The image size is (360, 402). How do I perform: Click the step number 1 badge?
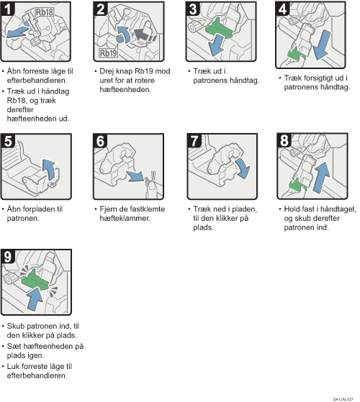tap(7, 9)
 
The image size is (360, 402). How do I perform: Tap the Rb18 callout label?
tap(45, 12)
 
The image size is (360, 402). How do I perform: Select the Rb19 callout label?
tap(108, 53)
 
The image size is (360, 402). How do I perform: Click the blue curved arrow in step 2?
tap(123, 35)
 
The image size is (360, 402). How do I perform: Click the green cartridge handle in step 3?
tap(219, 29)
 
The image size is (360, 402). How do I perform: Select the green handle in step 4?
tap(296, 54)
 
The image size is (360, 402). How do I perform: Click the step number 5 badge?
tap(8, 141)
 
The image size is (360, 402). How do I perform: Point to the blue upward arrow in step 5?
tap(50, 169)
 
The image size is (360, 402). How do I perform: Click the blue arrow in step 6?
tap(135, 176)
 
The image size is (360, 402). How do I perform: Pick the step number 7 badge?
tap(194, 140)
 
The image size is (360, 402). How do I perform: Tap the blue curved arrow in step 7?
tap(243, 168)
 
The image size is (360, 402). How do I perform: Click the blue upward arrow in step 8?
tap(321, 177)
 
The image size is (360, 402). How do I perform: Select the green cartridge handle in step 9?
tap(35, 280)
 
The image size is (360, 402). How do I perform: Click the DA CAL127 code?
tap(343, 399)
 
